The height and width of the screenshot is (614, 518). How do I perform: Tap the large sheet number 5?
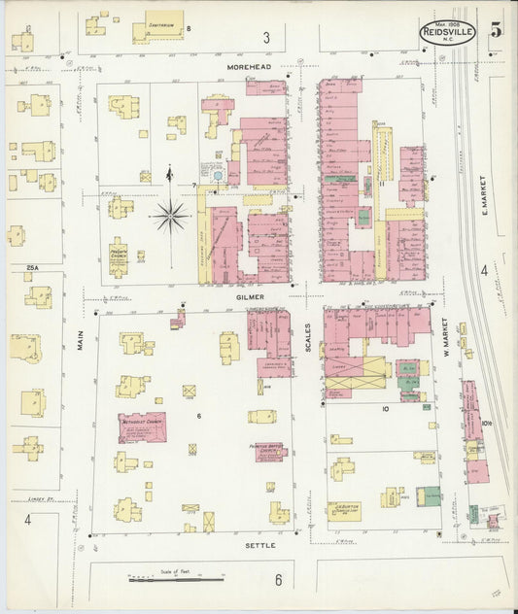[497, 29]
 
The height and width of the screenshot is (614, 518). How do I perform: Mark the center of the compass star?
[170, 216]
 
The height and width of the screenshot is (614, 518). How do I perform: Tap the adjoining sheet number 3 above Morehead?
[265, 38]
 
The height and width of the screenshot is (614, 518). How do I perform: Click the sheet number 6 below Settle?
[277, 581]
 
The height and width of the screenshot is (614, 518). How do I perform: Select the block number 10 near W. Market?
[386, 409]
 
